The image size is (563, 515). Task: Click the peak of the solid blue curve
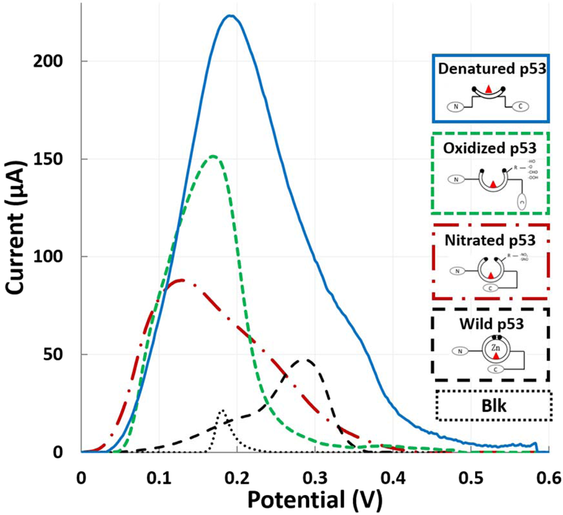(x=230, y=16)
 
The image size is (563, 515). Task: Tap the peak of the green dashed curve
(x=213, y=157)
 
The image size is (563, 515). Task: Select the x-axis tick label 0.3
(x=314, y=478)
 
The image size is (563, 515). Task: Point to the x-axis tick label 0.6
(x=548, y=478)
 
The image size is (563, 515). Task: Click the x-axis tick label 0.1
(x=159, y=478)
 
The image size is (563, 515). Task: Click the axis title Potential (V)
(x=314, y=499)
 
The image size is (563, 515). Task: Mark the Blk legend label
(x=493, y=405)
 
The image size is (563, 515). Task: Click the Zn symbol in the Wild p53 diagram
(x=490, y=348)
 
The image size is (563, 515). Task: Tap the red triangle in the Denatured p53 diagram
(x=489, y=88)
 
